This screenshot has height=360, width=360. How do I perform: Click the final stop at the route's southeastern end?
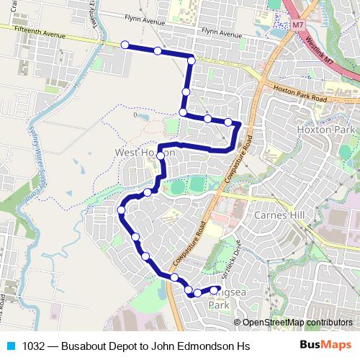pyautogui.click(x=214, y=290)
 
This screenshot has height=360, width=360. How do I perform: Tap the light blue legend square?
pyautogui.click(x=10, y=346)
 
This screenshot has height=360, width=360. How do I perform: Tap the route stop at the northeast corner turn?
pyautogui.click(x=192, y=60)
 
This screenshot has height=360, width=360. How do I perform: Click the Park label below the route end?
pyautogui.click(x=218, y=305)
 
